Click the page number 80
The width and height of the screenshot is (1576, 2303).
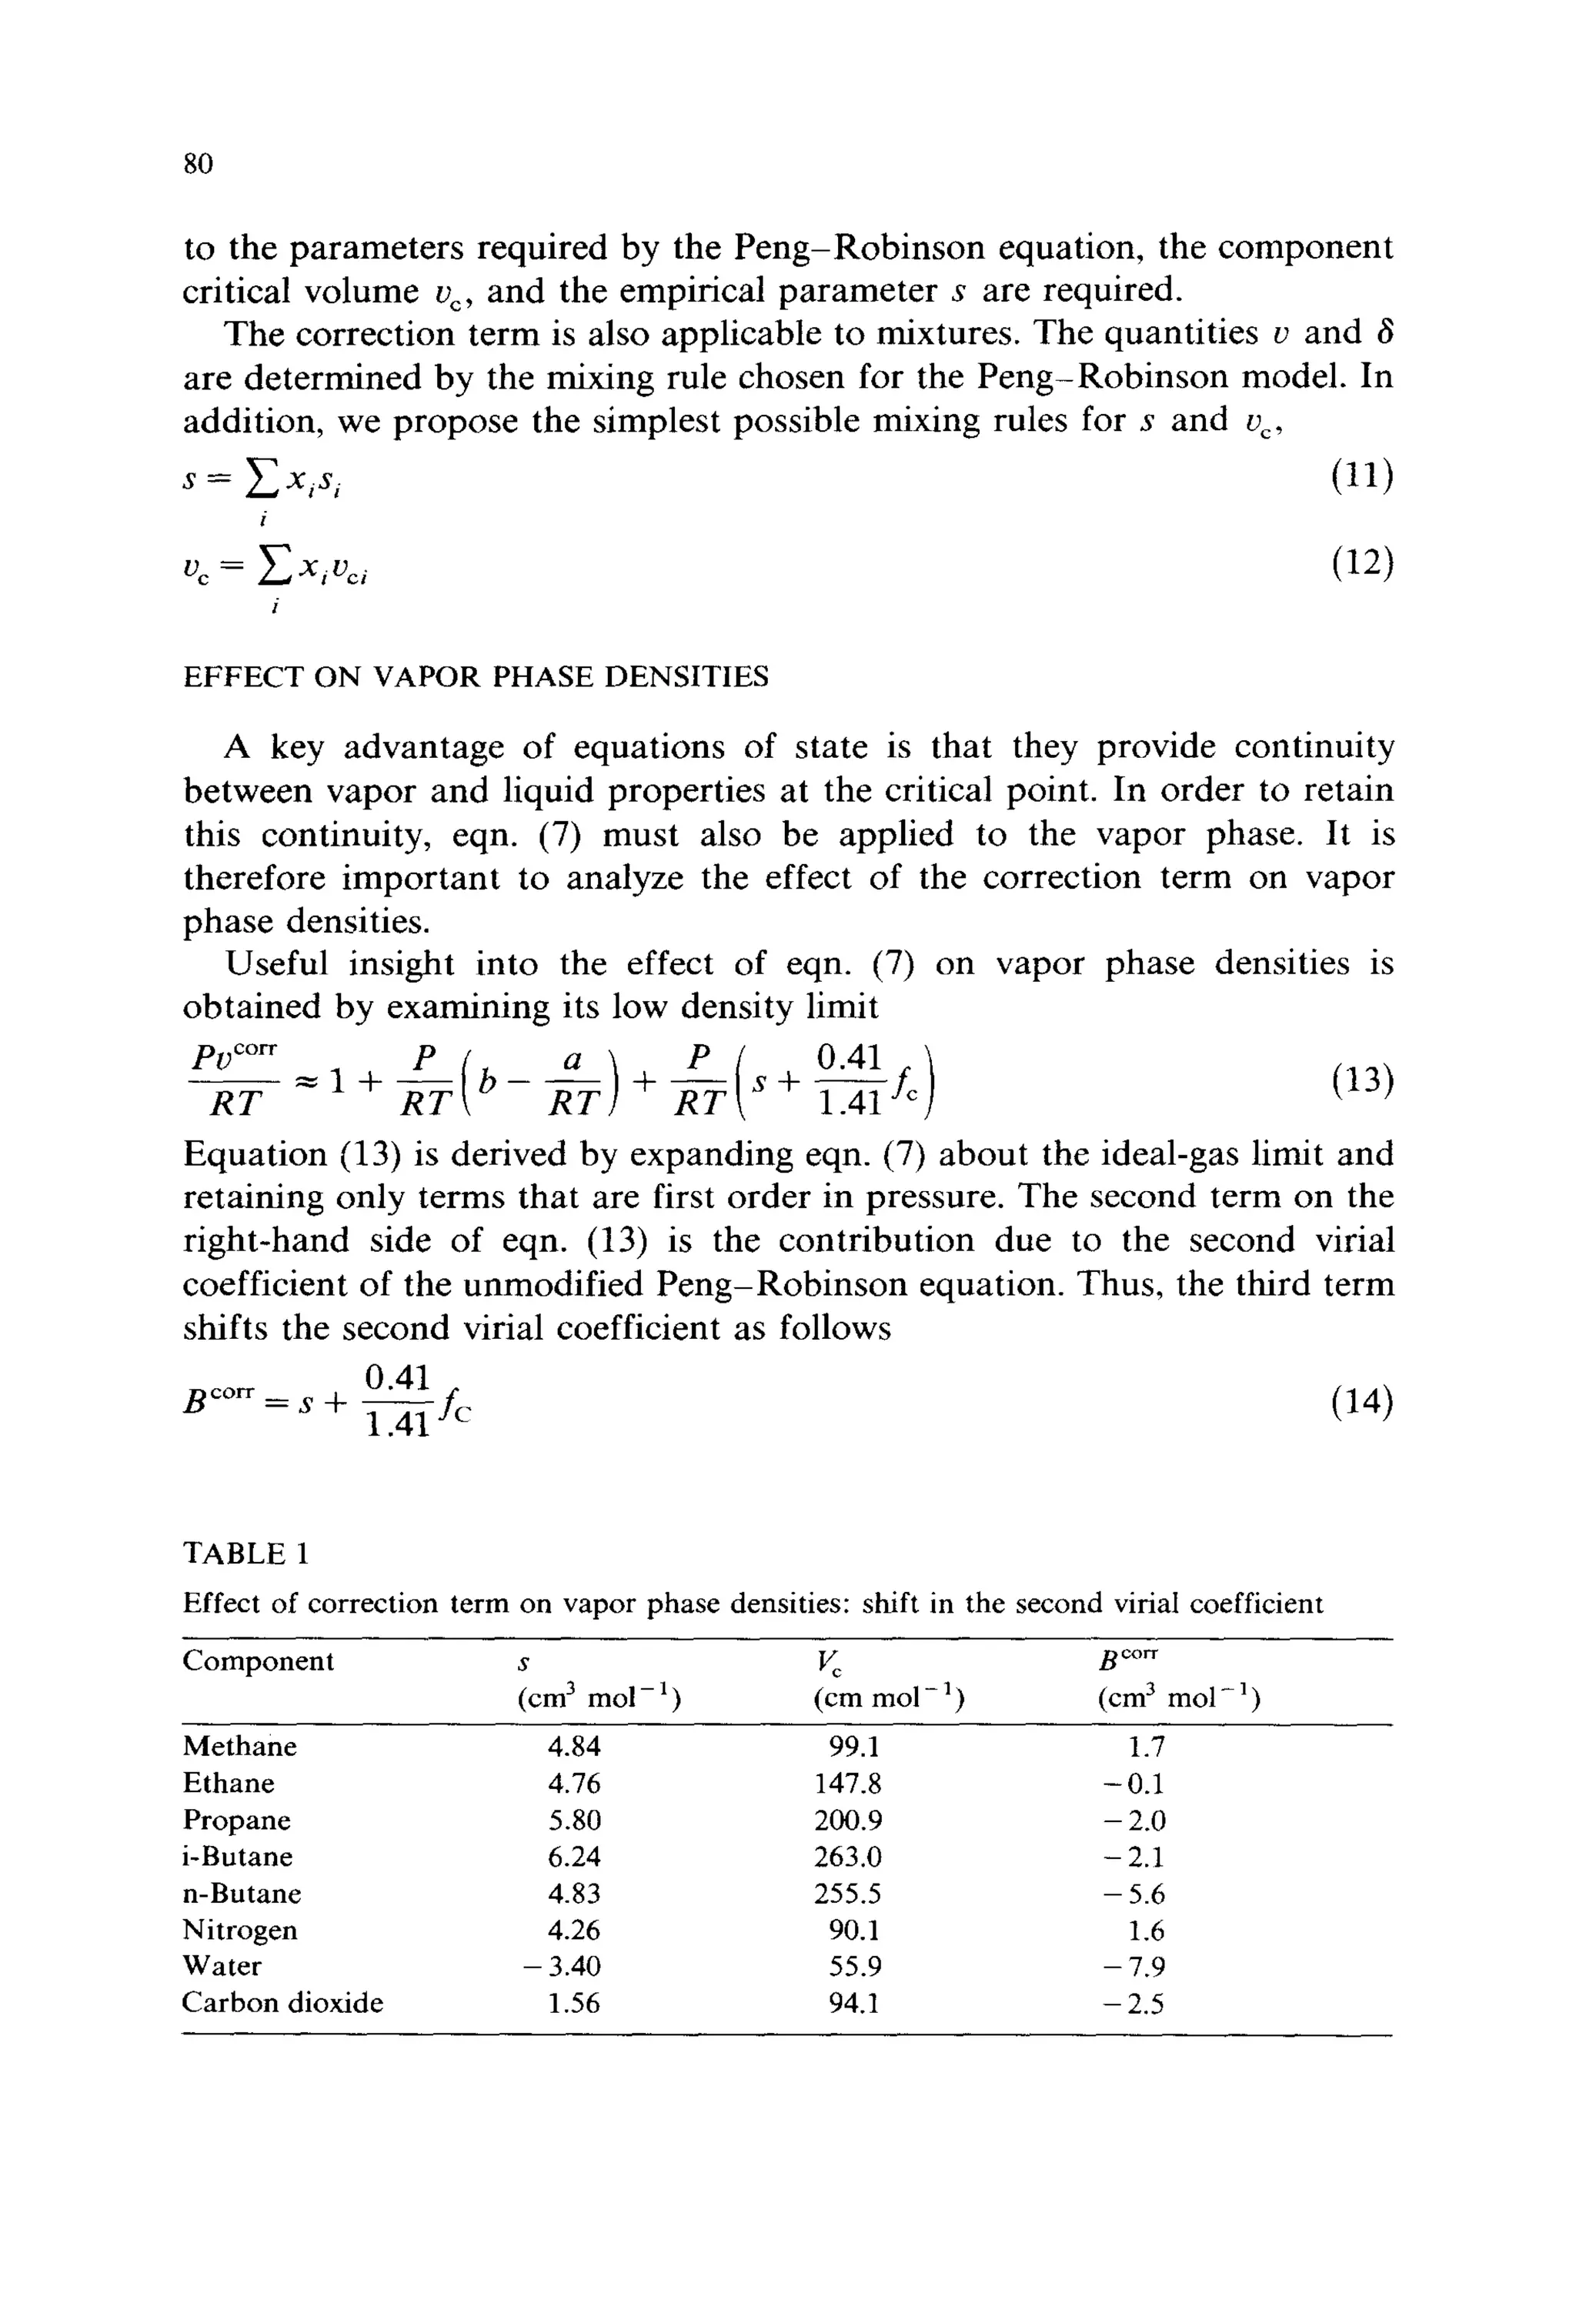[x=199, y=163]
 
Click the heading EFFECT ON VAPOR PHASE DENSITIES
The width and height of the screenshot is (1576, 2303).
[x=476, y=677]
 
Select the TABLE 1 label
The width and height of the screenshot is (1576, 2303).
[x=245, y=1553]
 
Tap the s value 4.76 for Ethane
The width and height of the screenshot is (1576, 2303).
[x=574, y=1784]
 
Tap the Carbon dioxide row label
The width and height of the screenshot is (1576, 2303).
[x=282, y=2003]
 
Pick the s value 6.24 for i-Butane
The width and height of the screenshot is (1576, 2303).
[x=574, y=1857]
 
